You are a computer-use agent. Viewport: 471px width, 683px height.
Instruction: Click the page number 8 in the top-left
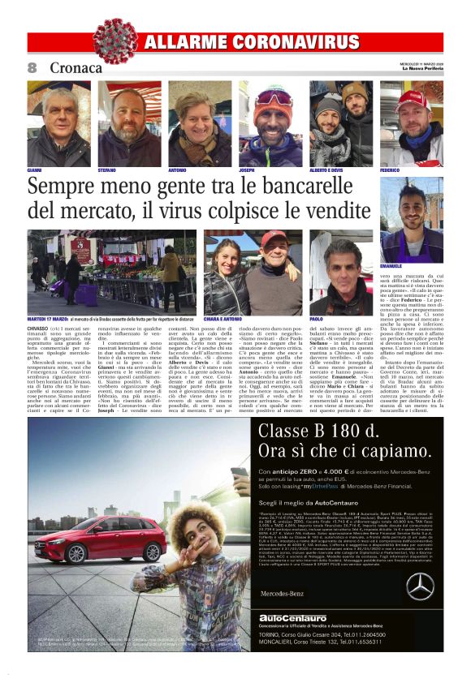32,67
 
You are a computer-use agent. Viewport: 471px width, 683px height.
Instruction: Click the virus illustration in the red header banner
115,41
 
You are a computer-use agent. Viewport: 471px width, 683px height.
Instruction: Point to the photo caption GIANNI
35,170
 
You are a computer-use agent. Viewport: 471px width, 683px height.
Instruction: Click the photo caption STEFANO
107,170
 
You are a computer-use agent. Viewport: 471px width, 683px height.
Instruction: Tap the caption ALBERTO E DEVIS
326,170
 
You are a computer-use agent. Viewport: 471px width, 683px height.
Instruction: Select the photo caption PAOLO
316,320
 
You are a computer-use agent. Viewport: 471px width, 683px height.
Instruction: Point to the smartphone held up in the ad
240,473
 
